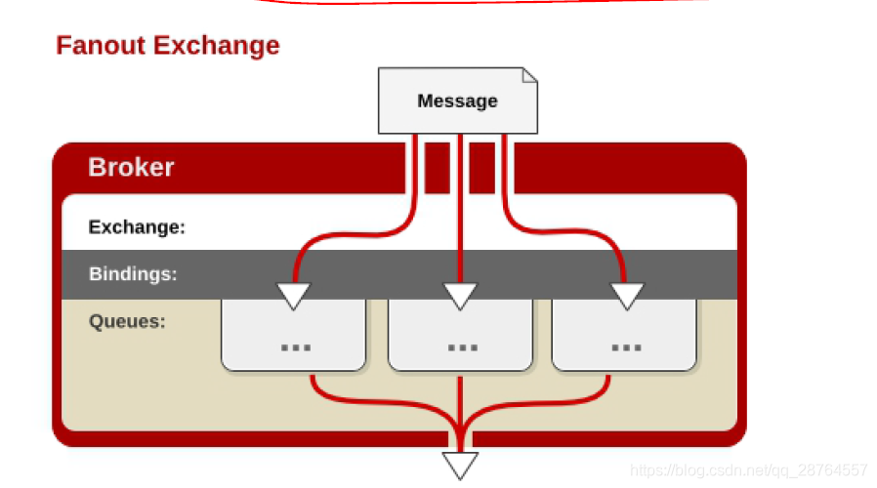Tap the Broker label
coord(131,167)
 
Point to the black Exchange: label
coord(137,227)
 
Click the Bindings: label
coord(133,274)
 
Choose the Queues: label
coord(127,321)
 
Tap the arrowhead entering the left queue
coord(293,295)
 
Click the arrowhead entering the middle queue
coord(460,295)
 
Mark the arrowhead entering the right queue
coord(626,295)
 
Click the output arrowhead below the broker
coord(460,465)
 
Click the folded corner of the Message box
coord(529,75)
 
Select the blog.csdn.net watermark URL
coord(748,470)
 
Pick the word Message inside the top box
coord(457,101)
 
